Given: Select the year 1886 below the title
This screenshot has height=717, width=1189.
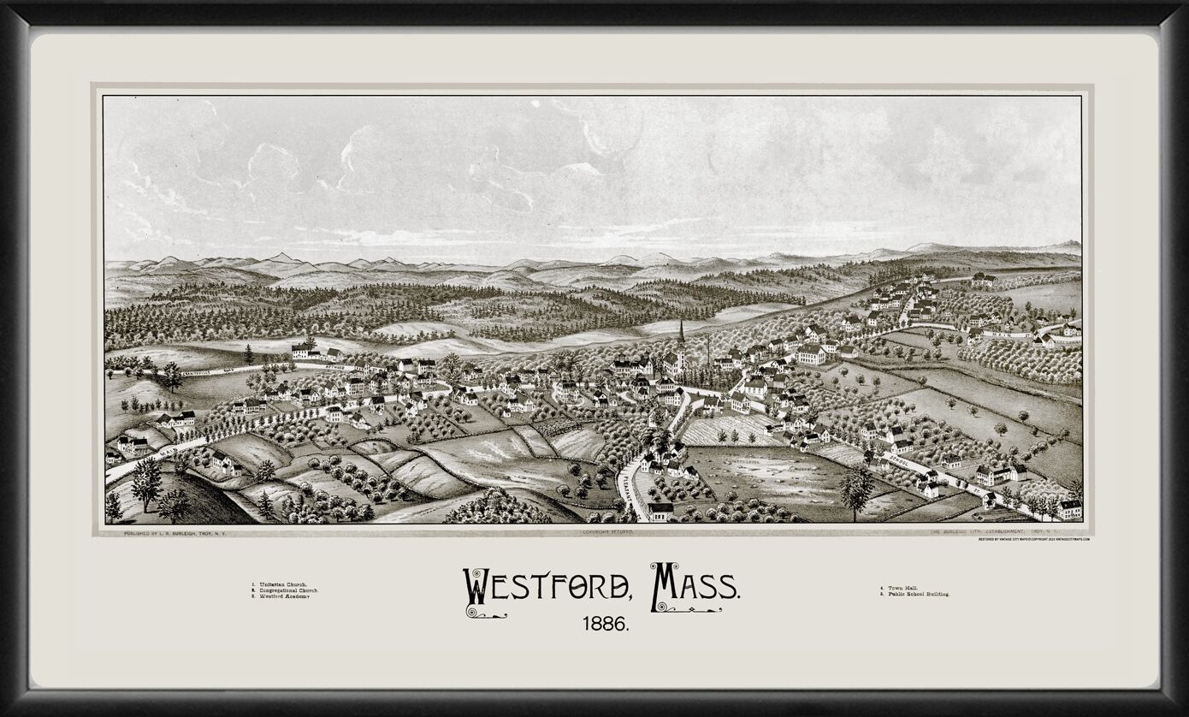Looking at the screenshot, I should click(606, 625).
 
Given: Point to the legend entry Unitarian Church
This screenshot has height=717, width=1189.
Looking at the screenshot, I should click(280, 584).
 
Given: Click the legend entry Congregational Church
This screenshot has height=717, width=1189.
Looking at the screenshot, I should click(286, 590).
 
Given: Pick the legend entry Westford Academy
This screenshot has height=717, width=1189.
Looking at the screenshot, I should click(281, 596).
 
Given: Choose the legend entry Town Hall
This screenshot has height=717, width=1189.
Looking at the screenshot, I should click(899, 588).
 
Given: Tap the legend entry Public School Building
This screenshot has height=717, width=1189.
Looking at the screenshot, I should click(914, 594).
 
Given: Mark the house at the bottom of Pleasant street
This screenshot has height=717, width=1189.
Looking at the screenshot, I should click(660, 512).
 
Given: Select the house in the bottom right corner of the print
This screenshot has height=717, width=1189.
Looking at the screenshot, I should click(1069, 510).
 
